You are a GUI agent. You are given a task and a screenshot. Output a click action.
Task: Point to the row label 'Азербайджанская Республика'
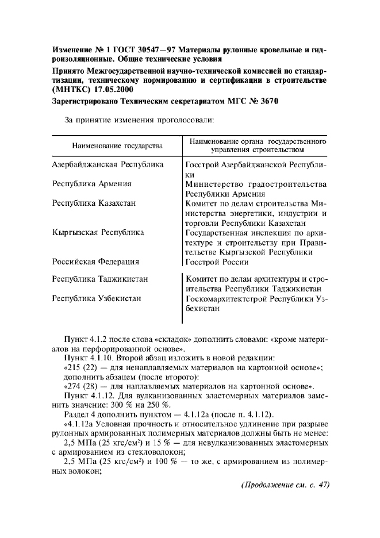click(108, 164)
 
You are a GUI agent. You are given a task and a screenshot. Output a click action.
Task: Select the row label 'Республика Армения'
click(92, 184)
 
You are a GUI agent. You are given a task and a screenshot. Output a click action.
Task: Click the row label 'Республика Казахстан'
click(94, 203)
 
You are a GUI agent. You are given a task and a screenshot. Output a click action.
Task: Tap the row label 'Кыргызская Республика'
click(98, 232)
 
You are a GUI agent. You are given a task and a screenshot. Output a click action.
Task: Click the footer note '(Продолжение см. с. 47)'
click(285, 483)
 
